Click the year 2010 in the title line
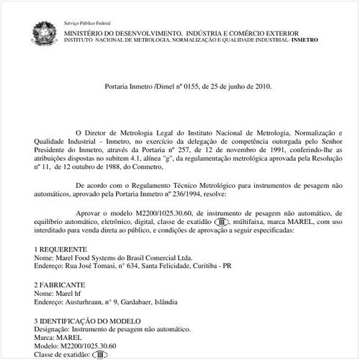point(261,86)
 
